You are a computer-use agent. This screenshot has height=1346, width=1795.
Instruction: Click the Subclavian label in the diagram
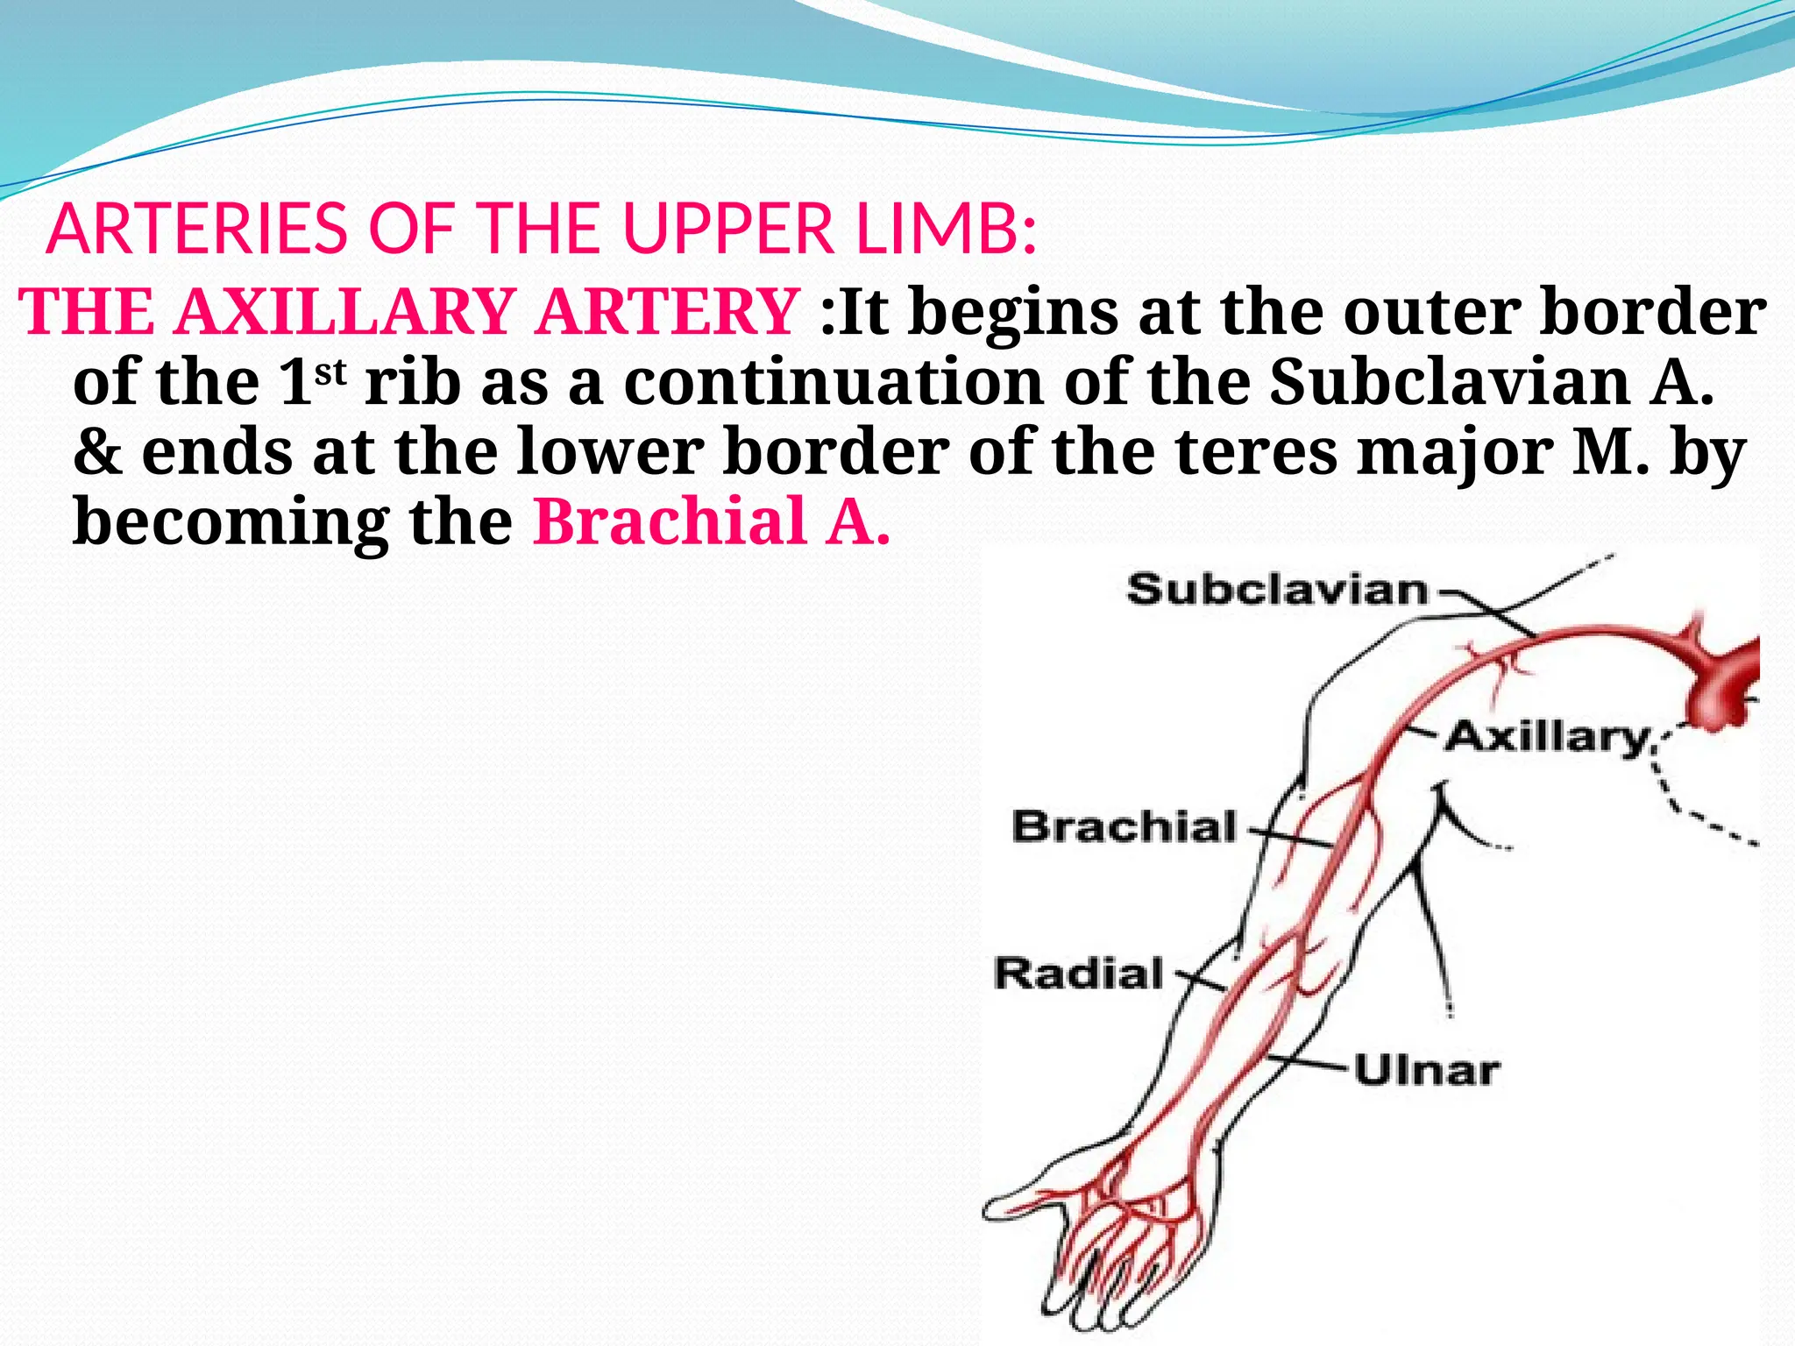click(x=1277, y=590)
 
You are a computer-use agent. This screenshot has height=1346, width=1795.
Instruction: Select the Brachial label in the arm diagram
click(x=1125, y=826)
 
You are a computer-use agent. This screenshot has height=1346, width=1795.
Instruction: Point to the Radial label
click(x=1079, y=974)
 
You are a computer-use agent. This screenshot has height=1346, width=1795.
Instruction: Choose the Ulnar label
click(x=1427, y=1071)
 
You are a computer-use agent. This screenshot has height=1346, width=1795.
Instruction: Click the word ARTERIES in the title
click(x=197, y=230)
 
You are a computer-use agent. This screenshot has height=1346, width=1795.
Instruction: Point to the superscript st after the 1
click(x=331, y=373)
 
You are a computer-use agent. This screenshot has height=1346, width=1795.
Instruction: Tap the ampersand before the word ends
click(x=97, y=451)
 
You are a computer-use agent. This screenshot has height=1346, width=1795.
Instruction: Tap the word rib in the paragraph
click(x=412, y=382)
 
